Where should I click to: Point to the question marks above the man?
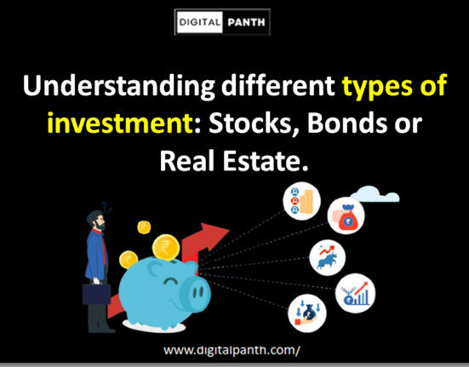(107, 204)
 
